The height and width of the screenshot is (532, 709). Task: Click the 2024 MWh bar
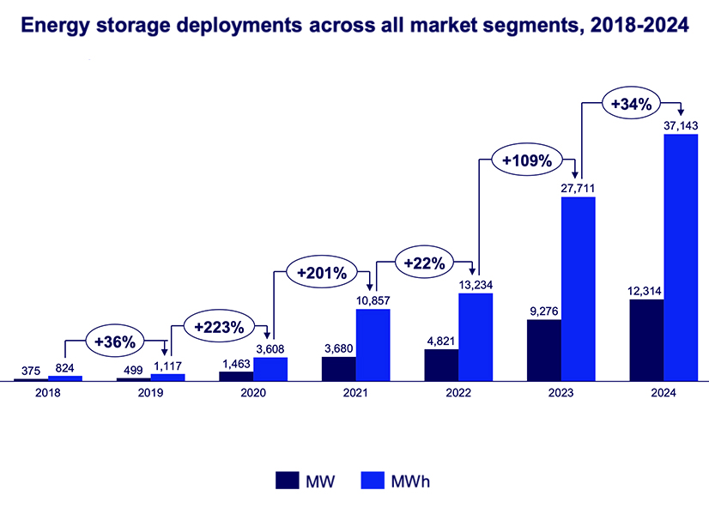pyautogui.click(x=681, y=257)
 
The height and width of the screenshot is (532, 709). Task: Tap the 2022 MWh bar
pyautogui.click(x=476, y=336)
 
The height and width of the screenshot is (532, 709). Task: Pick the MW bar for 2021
pyautogui.click(x=338, y=368)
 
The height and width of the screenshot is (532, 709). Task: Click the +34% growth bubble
pyautogui.click(x=631, y=104)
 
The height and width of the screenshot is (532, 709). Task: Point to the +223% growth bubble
pyautogui.click(x=219, y=327)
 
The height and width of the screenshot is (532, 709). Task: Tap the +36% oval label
pyautogui.click(x=116, y=341)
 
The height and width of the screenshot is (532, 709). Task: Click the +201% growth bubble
pyautogui.click(x=321, y=274)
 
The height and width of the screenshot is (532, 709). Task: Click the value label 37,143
pyautogui.click(x=681, y=126)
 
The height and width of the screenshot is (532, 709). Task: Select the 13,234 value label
pyautogui.click(x=476, y=285)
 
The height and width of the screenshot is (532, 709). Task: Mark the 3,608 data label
pyautogui.click(x=271, y=349)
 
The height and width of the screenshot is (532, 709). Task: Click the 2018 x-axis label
pyautogui.click(x=48, y=393)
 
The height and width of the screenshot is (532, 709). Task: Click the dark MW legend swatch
pyautogui.click(x=287, y=480)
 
